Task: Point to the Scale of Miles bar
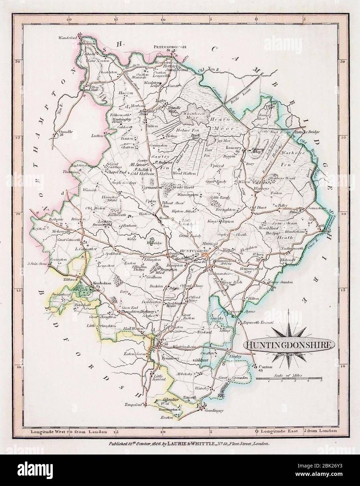coord(289,378)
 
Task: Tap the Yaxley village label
coord(160,100)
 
